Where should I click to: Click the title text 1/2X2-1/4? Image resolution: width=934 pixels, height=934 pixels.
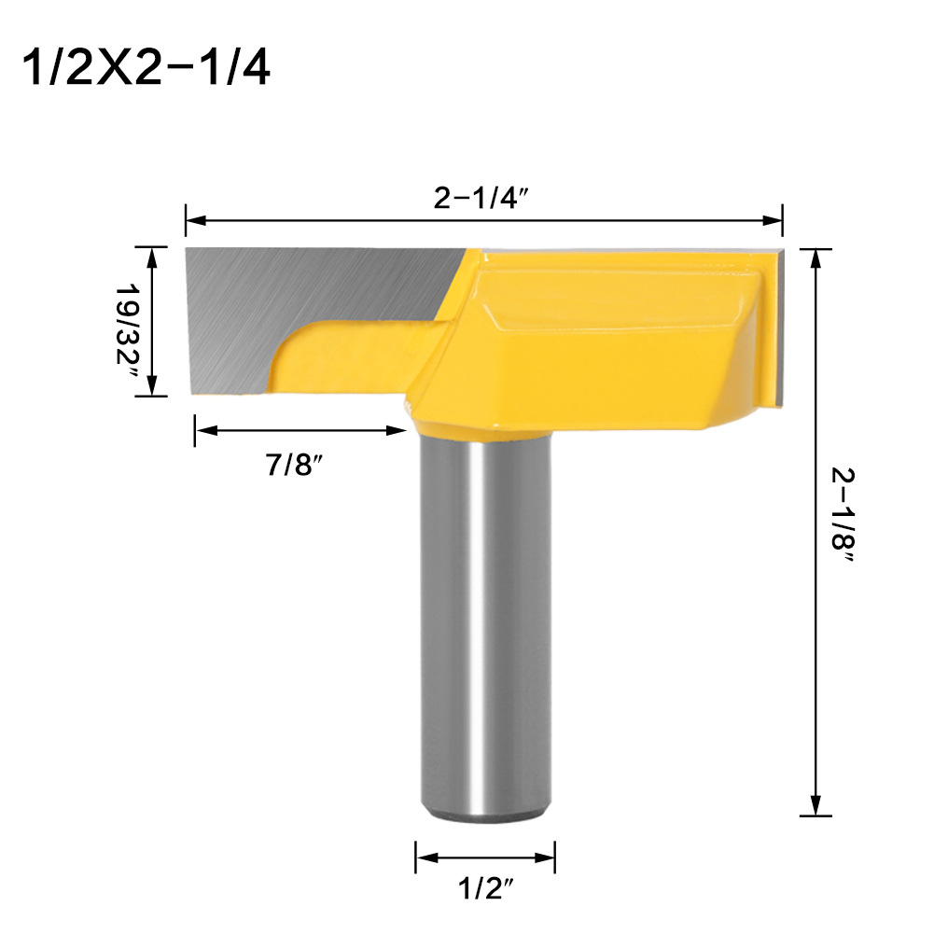click(x=145, y=67)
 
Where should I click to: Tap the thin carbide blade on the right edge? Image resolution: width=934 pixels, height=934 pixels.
click(x=778, y=327)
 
